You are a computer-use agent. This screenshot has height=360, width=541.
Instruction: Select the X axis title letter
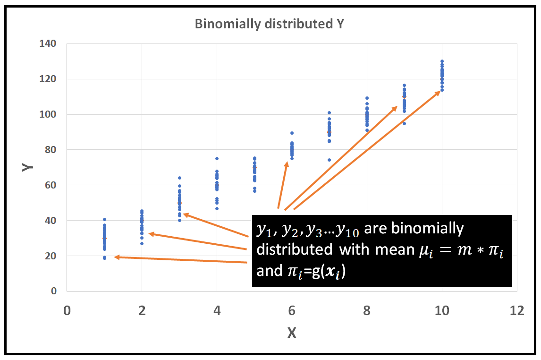pos(292,334)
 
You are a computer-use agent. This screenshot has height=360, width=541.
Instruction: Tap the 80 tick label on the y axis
pos(49,150)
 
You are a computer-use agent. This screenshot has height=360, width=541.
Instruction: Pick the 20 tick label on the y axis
pos(49,256)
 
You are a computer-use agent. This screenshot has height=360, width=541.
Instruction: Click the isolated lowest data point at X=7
pos(329,160)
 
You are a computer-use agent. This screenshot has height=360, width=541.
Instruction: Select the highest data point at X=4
pos(217,158)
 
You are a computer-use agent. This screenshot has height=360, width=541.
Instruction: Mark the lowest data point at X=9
pos(404,123)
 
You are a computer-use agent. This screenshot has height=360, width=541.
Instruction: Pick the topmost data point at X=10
pos(442,61)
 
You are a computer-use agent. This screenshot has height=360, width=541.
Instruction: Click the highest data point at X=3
pos(179,178)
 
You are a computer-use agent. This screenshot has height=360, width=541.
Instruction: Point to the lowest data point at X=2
pos(142,243)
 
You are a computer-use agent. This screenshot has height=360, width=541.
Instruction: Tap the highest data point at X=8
pos(367,98)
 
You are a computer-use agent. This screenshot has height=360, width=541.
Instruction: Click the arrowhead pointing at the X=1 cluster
pos(116,257)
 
